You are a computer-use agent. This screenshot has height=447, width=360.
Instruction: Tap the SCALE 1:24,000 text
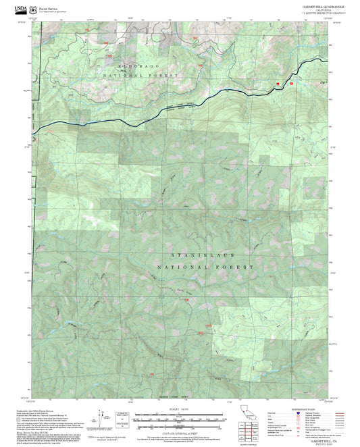coord(179,408)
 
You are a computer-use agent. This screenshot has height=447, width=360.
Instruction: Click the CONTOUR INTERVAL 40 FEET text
coord(179,431)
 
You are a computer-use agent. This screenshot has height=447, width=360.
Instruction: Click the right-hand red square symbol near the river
coord(291,84)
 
